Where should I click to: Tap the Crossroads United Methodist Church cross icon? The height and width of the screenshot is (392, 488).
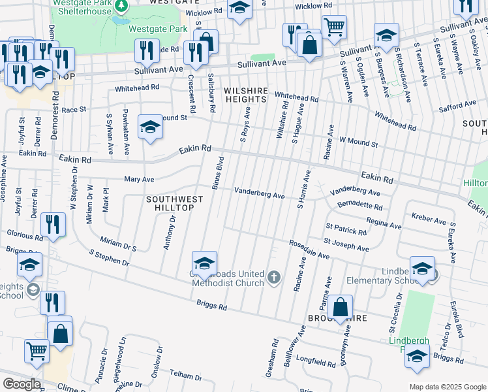click(x=273, y=278)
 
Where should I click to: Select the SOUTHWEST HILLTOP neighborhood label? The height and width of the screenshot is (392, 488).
click(x=170, y=203)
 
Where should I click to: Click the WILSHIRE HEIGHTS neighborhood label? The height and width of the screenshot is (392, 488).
click(x=245, y=94)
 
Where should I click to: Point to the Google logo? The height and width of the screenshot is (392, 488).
click(x=22, y=384)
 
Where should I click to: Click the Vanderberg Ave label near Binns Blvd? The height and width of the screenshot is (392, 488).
click(x=260, y=193)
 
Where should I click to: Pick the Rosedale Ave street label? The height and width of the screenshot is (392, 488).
click(x=309, y=251)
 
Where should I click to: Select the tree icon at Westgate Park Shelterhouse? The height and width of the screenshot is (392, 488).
click(x=120, y=6)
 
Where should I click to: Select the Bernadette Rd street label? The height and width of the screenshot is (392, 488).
click(x=360, y=205)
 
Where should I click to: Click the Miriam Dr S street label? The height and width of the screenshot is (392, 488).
click(x=117, y=244)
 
